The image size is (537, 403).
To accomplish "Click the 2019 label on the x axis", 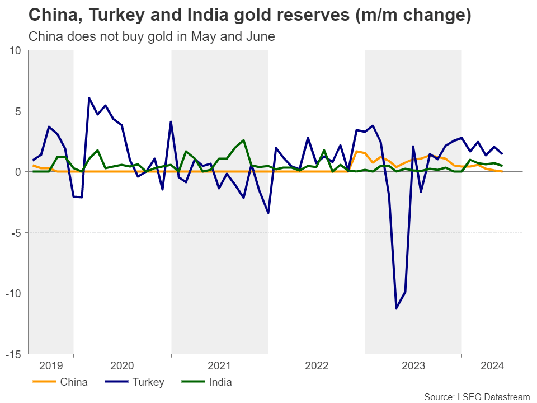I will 51,366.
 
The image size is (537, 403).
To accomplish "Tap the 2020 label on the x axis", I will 122,366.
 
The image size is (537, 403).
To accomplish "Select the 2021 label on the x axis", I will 219,366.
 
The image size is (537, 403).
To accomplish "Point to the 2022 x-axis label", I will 316,366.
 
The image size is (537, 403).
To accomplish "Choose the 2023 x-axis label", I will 413,366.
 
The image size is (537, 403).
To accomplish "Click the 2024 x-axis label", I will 492,366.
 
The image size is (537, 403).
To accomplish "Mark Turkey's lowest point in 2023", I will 397,308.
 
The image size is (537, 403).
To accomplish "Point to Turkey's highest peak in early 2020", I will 89,99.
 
